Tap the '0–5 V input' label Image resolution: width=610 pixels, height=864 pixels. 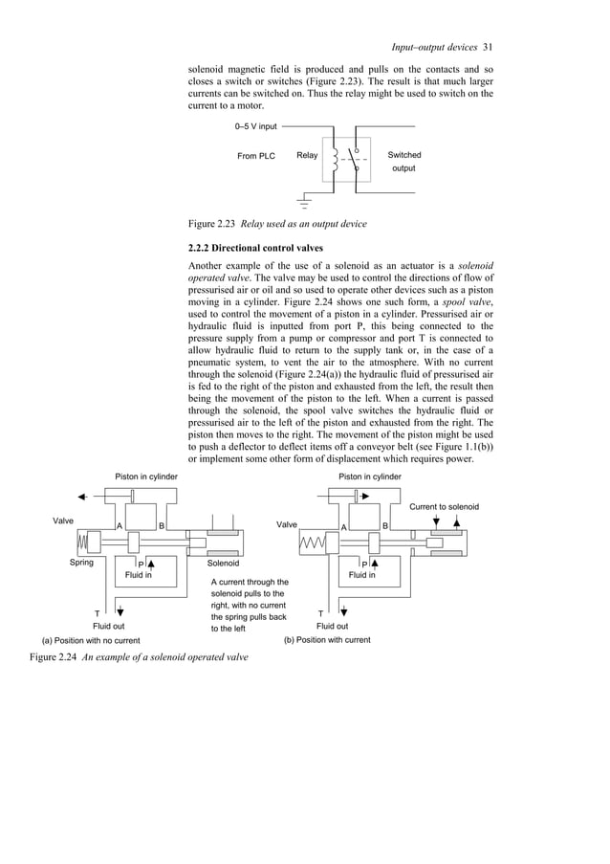(255, 125)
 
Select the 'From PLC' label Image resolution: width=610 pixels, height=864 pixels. (255, 156)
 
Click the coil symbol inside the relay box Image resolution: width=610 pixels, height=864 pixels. (335, 161)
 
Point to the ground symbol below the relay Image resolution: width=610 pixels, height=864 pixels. (305, 200)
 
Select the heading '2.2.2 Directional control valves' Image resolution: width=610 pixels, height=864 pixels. (253, 247)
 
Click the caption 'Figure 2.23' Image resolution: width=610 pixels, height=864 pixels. (212, 224)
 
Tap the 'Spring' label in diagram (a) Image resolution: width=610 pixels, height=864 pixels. (81, 563)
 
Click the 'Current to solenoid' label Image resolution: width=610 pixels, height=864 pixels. (444, 506)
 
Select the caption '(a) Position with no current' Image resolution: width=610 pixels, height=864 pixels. (90, 640)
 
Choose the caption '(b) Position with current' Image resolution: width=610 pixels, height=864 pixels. (327, 639)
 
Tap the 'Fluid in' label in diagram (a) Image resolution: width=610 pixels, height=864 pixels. (139, 575)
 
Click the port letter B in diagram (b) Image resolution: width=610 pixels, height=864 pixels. (384, 525)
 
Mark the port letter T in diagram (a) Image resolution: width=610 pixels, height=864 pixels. (97, 613)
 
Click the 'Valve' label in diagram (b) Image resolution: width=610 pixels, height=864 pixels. (287, 525)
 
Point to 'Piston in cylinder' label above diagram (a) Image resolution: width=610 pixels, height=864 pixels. (146, 476)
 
